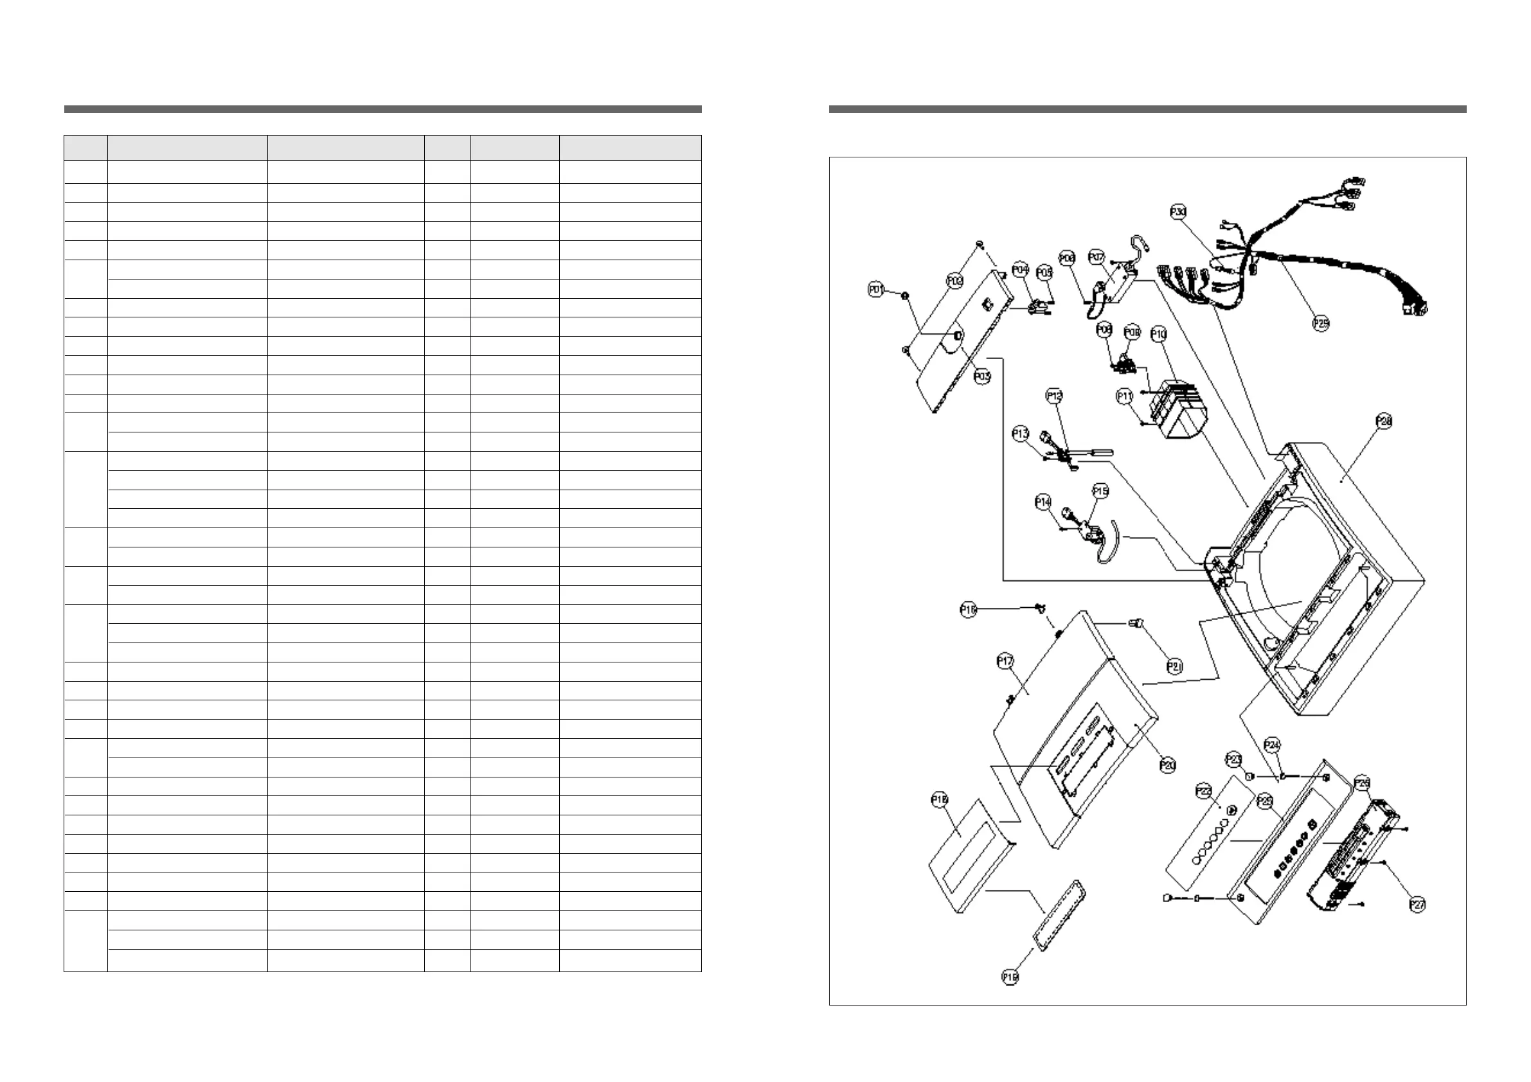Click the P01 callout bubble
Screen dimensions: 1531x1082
tap(875, 290)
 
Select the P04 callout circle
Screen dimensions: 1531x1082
tap(1020, 269)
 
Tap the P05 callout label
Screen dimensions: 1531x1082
tap(1044, 272)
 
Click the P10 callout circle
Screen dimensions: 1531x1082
tap(1159, 335)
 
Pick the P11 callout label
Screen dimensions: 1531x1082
tap(1124, 396)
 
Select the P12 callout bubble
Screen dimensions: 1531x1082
tap(1054, 396)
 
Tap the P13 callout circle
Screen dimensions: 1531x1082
tap(1020, 434)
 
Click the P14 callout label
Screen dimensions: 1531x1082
tap(1043, 502)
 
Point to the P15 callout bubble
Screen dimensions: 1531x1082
tap(1100, 492)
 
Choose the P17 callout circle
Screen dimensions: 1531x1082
tap(1005, 661)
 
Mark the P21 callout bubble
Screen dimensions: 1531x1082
tap(1175, 666)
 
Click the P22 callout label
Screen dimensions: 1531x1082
tap(1203, 792)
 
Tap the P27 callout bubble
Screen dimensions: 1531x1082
tap(1418, 905)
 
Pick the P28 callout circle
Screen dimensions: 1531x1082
tap(1384, 421)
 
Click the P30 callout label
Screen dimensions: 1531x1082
tap(1178, 212)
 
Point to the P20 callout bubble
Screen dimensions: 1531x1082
tap(1168, 766)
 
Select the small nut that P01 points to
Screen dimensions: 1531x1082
tap(905, 296)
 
